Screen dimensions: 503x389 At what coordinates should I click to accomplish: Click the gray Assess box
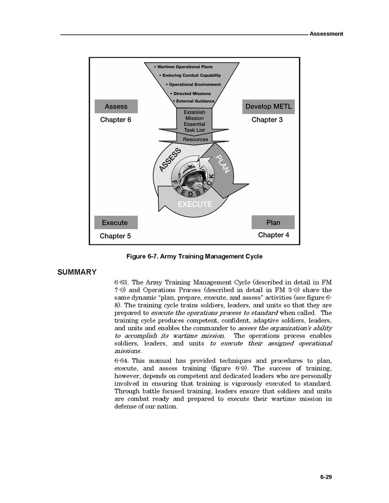[116, 107]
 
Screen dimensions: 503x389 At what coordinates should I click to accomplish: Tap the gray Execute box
[115, 223]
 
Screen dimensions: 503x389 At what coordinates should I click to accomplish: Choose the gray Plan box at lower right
[273, 222]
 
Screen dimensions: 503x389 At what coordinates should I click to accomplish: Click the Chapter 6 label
[116, 120]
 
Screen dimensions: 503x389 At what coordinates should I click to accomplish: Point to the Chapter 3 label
[267, 120]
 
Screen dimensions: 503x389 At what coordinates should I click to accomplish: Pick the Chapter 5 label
[115, 236]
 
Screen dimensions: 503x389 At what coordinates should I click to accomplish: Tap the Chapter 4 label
[273, 235]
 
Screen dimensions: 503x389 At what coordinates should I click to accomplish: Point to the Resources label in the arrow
[195, 139]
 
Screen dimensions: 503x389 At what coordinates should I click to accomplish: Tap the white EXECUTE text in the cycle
[194, 204]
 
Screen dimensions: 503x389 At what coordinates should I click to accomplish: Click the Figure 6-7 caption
[194, 257]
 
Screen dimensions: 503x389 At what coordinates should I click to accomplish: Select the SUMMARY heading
[77, 272]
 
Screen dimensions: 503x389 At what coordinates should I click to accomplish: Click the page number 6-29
[326, 477]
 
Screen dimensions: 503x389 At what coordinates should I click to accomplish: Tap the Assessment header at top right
[326, 34]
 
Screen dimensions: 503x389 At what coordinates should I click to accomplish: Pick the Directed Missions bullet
[192, 94]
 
